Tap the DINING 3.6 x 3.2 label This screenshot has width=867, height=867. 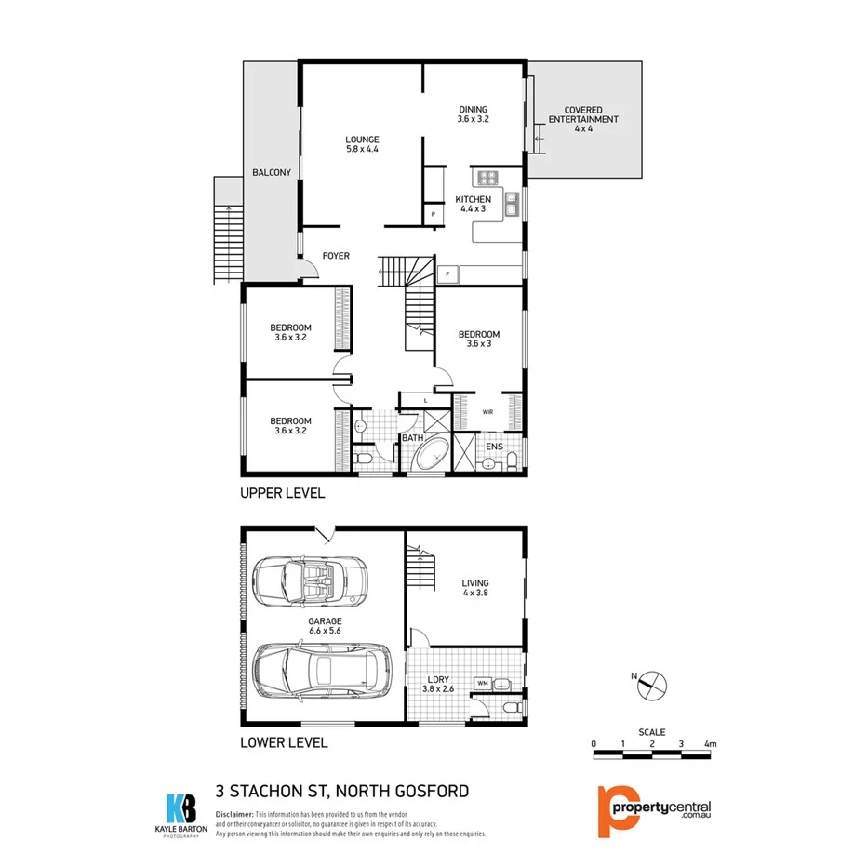pyautogui.click(x=473, y=114)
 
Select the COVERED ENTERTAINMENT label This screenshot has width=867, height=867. pyautogui.click(x=582, y=119)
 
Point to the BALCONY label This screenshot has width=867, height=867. pyautogui.click(x=272, y=172)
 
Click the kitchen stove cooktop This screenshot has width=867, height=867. pyautogui.click(x=488, y=178)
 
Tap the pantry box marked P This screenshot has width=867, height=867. pyautogui.click(x=433, y=215)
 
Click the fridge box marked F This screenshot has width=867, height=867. pyautogui.click(x=448, y=274)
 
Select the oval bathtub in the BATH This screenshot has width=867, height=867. pyautogui.click(x=430, y=459)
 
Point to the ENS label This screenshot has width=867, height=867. pyautogui.click(x=495, y=447)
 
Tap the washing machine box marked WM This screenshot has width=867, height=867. pyautogui.click(x=483, y=684)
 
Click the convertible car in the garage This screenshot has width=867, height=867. pyautogui.click(x=309, y=582)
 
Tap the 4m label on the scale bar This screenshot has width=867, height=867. pyautogui.click(x=711, y=743)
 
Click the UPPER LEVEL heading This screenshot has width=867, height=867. pyautogui.click(x=282, y=493)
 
